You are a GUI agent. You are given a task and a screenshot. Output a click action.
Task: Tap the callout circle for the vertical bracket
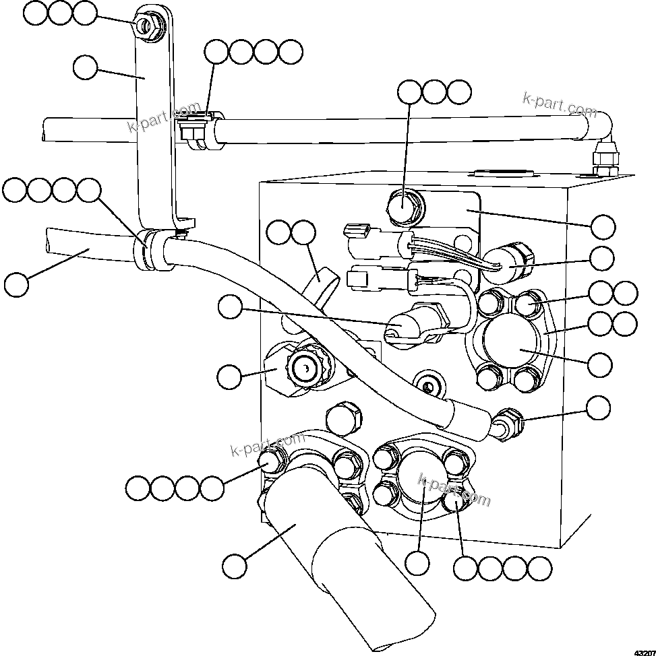[x=86, y=68]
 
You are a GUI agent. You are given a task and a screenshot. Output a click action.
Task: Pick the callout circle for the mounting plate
[x=602, y=227]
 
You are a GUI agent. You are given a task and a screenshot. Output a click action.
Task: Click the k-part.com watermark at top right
[x=559, y=104]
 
